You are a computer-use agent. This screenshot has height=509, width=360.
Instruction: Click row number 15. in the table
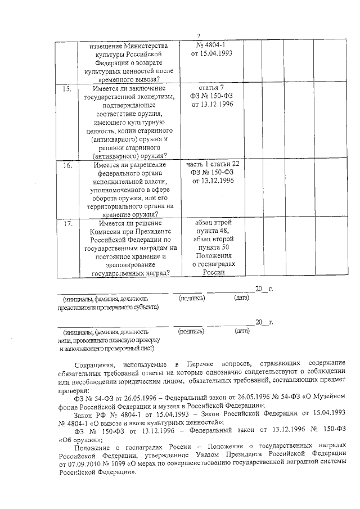coord(67,89)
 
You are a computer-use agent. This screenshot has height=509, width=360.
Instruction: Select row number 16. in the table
coord(67,165)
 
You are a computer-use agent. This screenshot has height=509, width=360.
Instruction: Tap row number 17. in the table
coord(67,223)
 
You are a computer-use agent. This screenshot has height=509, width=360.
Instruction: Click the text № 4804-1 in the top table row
coord(211,44)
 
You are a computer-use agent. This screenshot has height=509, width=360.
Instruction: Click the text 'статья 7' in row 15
coord(211,88)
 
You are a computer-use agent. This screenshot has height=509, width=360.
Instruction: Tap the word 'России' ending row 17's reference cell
coord(211,272)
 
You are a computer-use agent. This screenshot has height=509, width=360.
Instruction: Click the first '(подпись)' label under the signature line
coord(191,299)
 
